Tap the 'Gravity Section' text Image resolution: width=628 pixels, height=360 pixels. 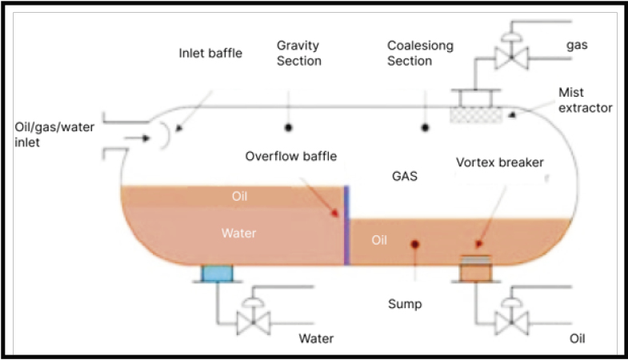299,53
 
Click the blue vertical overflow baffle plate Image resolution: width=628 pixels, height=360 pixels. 346,224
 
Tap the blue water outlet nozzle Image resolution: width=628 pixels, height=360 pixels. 216,273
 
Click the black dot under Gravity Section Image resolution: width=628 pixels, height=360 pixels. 288,128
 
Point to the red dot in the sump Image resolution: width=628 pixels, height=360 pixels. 414,244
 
